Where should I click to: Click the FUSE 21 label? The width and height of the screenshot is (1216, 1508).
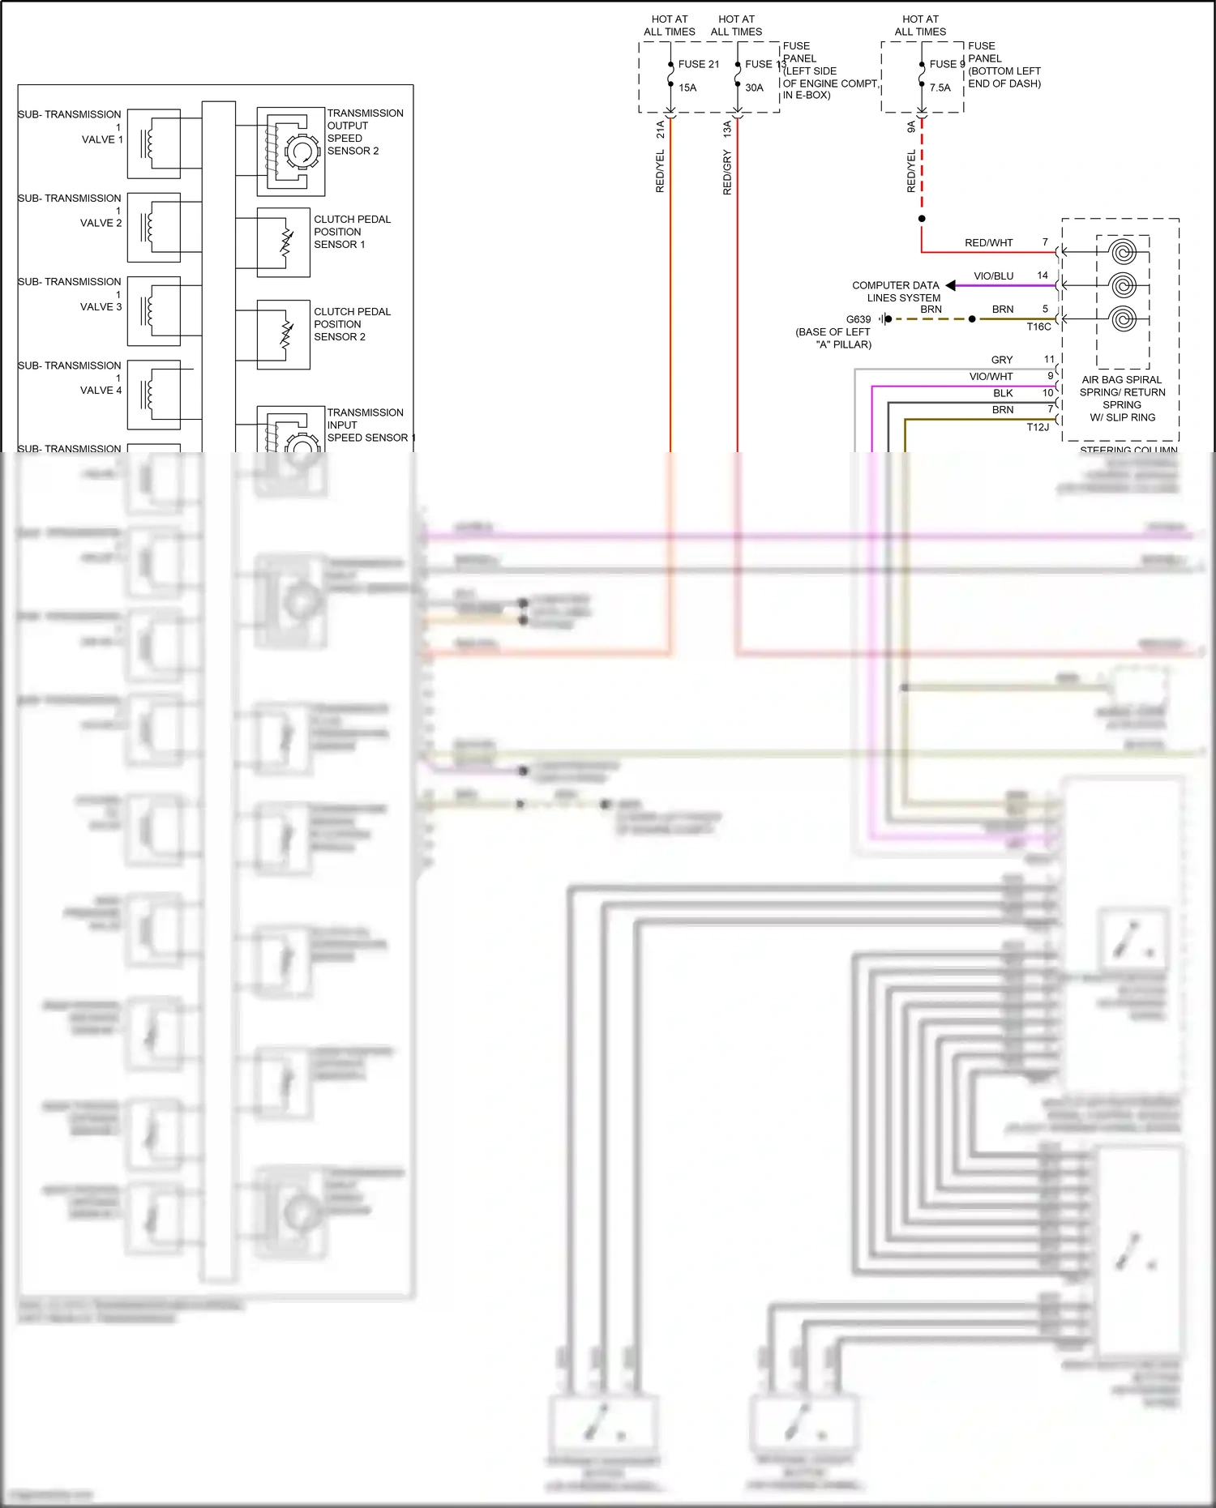[x=698, y=64]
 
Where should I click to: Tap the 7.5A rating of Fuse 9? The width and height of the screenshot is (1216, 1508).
[x=940, y=88]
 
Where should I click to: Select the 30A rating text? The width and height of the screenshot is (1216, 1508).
[x=754, y=88]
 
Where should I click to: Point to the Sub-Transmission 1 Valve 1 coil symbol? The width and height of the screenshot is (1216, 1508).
[x=153, y=144]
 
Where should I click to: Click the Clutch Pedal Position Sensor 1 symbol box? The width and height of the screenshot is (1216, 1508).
[x=283, y=242]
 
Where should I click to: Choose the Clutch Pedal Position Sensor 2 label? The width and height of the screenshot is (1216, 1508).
[x=352, y=324]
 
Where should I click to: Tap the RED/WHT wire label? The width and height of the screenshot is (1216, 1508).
[x=988, y=242]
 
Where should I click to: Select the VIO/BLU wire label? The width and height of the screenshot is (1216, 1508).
[x=993, y=276]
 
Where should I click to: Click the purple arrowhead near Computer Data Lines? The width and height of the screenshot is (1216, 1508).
[x=951, y=285]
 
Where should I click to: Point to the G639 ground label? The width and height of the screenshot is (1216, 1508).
[x=858, y=319]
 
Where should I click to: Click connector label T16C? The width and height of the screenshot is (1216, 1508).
[x=1038, y=327]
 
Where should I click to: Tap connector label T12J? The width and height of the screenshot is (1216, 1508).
[x=1038, y=427]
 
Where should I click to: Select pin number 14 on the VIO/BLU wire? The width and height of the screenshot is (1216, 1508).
[x=1043, y=276]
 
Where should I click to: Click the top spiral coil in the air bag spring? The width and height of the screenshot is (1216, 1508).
[x=1123, y=252]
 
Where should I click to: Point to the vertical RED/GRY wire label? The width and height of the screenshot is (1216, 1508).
[x=727, y=172]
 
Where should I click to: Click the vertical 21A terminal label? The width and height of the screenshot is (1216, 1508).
[x=660, y=129]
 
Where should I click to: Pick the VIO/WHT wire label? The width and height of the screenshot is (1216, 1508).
[x=991, y=376]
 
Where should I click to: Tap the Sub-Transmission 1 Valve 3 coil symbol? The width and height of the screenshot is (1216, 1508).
[x=153, y=311]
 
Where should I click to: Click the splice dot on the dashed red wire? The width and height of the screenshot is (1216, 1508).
[x=922, y=219]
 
